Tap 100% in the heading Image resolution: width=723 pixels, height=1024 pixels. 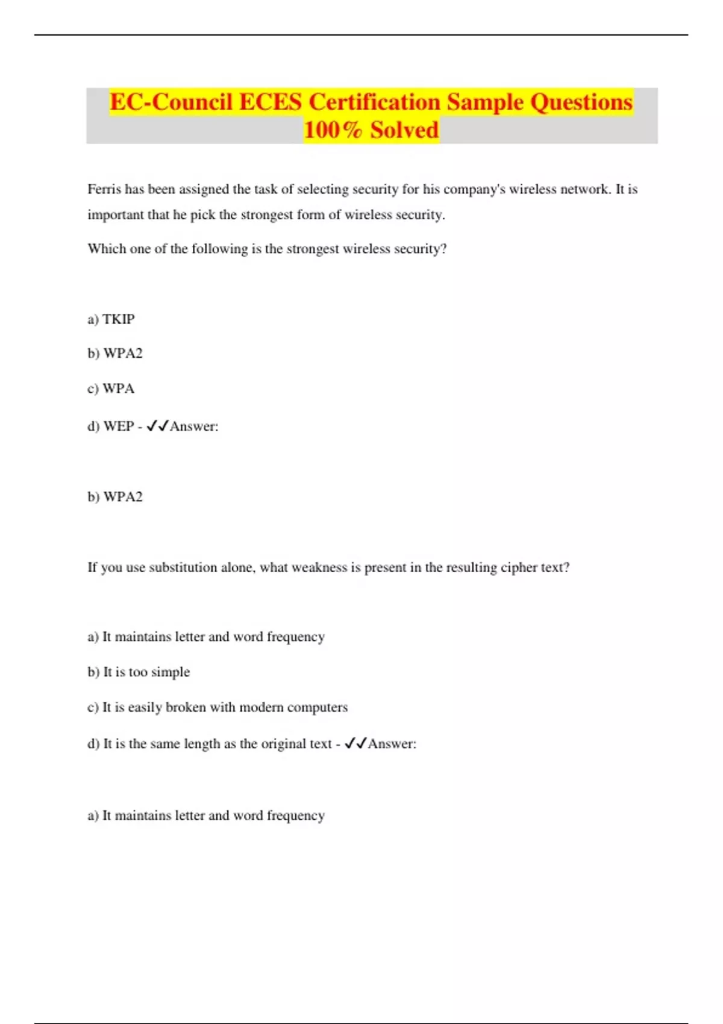pos(333,130)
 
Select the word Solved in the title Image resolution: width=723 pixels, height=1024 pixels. pos(404,130)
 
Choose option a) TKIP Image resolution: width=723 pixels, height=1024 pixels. pos(111,319)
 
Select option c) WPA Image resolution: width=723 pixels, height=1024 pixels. pos(111,389)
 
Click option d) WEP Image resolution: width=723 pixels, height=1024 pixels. pos(111,426)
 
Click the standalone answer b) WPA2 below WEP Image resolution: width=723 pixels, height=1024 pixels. pos(115,496)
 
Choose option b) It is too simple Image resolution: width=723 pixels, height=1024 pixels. pos(139,672)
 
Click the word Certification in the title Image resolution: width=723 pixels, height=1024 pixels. pos(374,102)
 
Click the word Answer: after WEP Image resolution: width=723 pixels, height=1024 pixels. pos(194,426)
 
